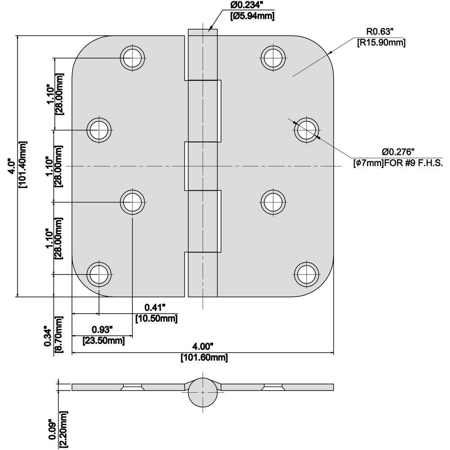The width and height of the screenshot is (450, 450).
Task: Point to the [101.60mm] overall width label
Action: coord(204,358)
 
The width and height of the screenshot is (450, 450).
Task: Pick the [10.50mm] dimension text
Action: coord(156,319)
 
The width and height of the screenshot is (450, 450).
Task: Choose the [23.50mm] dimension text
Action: coord(103,341)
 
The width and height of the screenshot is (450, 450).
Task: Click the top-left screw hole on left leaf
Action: coord(133,57)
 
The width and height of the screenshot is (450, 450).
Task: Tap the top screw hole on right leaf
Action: coord(274,57)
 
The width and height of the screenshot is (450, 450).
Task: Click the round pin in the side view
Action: coord(203,393)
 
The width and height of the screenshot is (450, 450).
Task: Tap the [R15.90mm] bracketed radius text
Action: coord(381,43)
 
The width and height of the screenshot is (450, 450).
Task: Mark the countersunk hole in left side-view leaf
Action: coord(133,387)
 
